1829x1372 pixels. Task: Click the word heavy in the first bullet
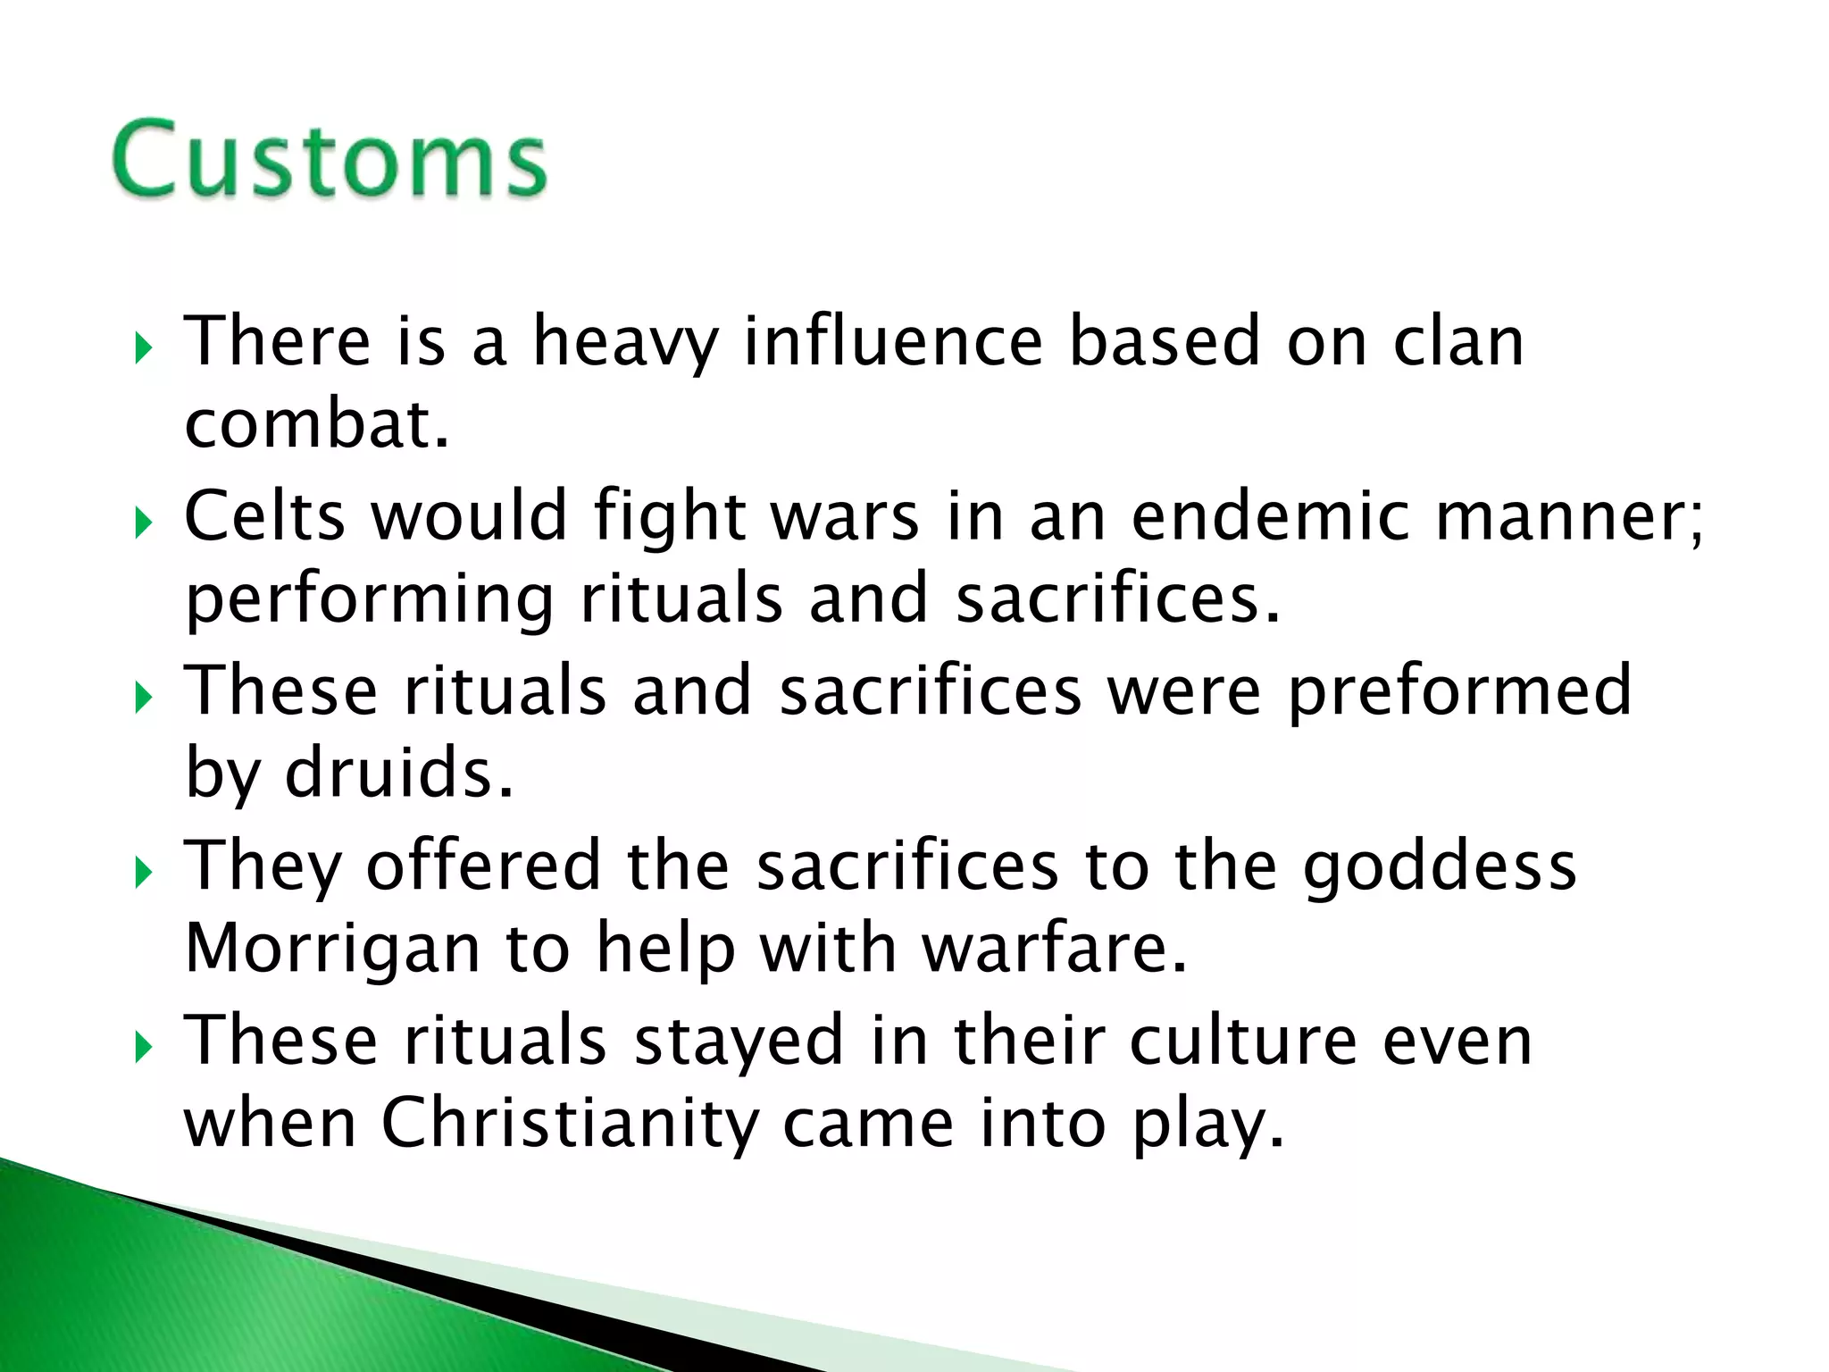[x=625, y=342]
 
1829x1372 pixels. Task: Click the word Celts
[x=264, y=515]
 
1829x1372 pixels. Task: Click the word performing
[x=369, y=600]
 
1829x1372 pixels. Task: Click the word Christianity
[x=570, y=1124]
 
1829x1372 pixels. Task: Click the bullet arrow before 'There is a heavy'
[x=144, y=349]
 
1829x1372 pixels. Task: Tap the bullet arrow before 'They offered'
[x=144, y=874]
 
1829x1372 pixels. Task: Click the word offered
[x=483, y=865]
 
